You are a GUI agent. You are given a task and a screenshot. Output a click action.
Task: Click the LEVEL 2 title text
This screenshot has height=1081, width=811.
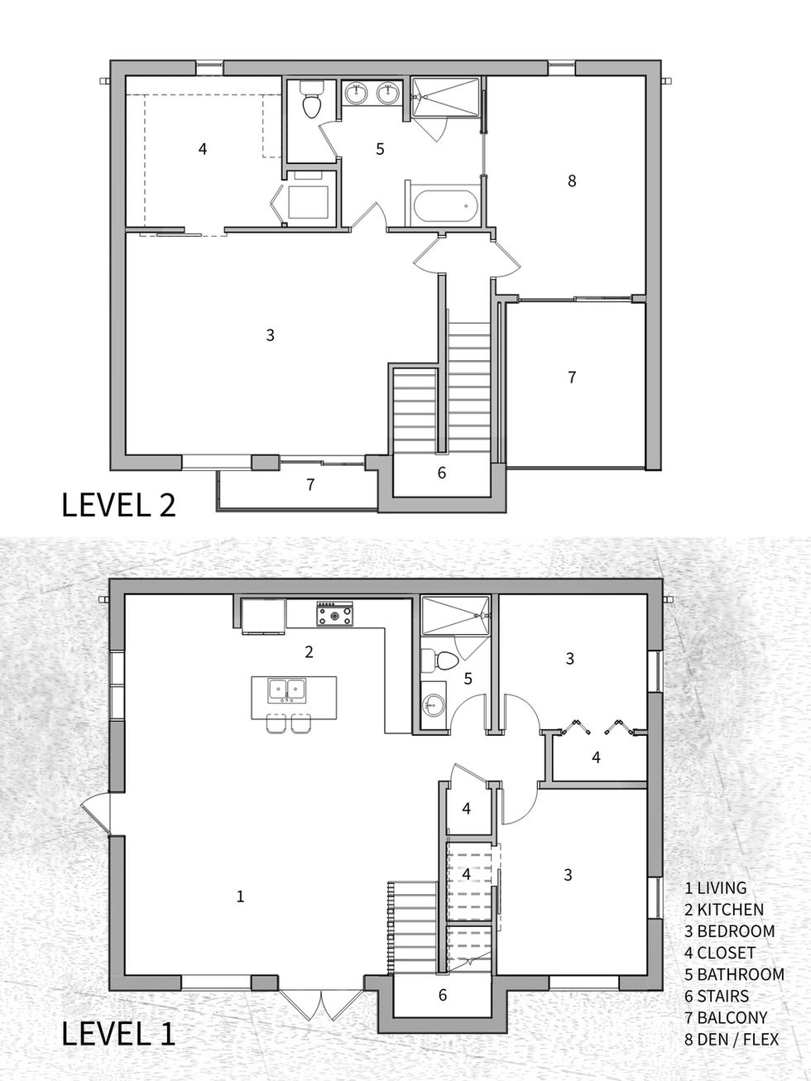(x=118, y=504)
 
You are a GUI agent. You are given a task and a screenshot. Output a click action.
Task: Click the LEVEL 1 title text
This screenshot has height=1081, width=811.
(x=118, y=1035)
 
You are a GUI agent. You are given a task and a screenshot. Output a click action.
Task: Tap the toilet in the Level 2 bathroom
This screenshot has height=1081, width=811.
(x=312, y=102)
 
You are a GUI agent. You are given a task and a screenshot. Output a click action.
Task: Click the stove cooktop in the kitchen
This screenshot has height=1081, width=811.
(x=334, y=615)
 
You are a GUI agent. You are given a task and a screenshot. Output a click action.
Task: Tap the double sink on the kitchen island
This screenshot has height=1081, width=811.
(x=287, y=688)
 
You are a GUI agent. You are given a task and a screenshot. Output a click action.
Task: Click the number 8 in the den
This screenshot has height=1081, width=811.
(x=572, y=180)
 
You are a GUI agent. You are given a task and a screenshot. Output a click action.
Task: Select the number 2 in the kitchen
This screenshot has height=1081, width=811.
(x=309, y=652)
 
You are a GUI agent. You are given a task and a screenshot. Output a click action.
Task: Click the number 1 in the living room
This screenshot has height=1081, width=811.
(x=240, y=896)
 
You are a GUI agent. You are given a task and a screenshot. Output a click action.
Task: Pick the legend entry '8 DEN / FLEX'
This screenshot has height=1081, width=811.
(x=732, y=1038)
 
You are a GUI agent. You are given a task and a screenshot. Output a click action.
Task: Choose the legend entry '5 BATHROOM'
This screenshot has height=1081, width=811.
(x=734, y=974)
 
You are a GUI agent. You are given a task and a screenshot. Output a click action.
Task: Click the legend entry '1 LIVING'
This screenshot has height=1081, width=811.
(x=716, y=888)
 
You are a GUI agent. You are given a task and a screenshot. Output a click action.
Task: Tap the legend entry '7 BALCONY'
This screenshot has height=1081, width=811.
(x=726, y=1017)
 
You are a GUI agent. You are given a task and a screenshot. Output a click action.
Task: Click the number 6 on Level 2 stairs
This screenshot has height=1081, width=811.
(x=442, y=473)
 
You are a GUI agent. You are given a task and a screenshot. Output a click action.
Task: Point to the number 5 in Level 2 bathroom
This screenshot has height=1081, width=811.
(x=380, y=150)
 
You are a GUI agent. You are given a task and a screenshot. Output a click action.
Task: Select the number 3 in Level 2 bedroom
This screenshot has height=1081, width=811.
(x=270, y=335)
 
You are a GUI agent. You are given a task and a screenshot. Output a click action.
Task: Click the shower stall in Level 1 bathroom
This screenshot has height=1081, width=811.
(x=453, y=616)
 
